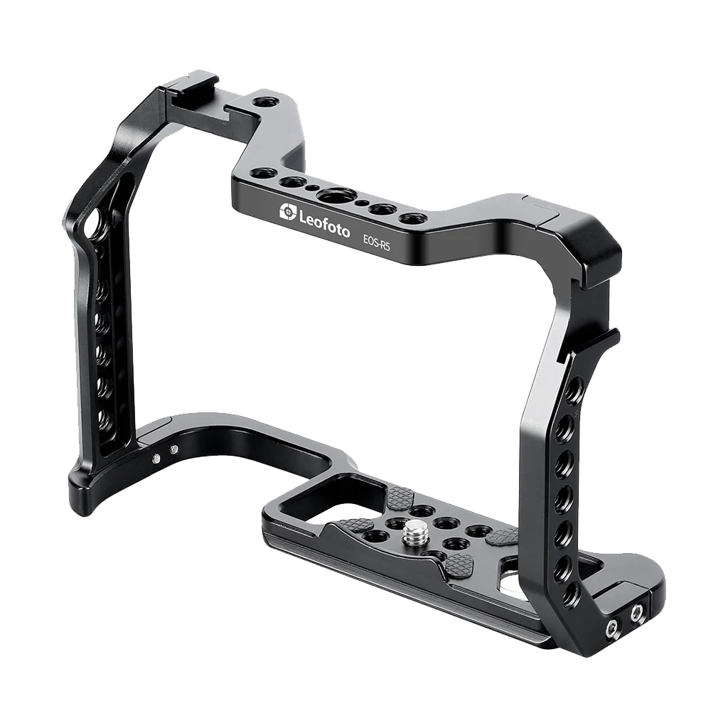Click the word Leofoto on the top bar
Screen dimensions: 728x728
coord(324,223)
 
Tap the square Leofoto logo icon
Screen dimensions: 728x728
coord(288,211)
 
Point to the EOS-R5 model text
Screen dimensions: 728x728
coord(376,242)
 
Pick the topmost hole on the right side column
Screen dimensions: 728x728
coord(574,387)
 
